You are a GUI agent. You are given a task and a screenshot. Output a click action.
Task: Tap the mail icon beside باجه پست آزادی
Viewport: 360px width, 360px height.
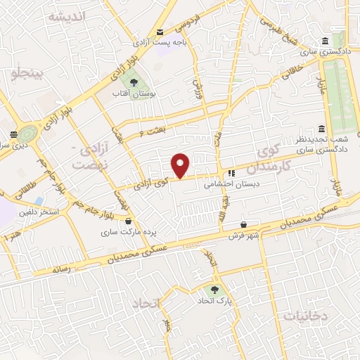tap(160, 32)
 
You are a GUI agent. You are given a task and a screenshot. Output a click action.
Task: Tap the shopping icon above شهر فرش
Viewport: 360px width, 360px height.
tap(243, 224)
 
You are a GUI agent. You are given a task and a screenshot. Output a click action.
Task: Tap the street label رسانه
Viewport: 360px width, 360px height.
tap(62, 269)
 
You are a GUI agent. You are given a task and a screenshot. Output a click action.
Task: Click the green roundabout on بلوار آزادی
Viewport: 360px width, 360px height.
tap(30, 132)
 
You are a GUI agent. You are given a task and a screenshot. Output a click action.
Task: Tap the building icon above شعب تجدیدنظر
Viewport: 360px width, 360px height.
tap(321, 129)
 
